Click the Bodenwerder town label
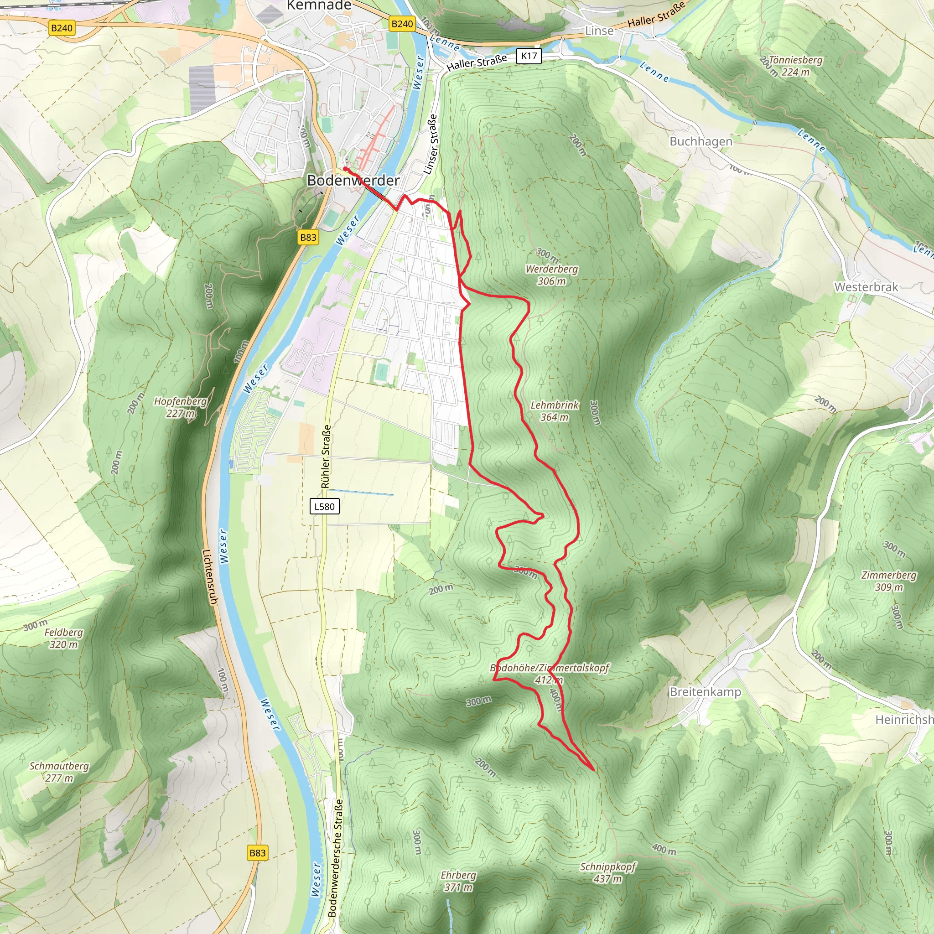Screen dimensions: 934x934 [353, 180]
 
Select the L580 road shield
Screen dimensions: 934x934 [324, 507]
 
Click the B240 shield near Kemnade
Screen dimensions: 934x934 [402, 24]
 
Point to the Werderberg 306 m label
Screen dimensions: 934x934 [552, 275]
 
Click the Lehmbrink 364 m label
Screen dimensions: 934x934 [554, 411]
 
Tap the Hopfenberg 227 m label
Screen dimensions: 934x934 [180, 407]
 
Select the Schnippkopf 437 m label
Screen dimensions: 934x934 [607, 872]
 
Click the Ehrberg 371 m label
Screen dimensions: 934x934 [458, 881]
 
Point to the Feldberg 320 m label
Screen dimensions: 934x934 [63, 638]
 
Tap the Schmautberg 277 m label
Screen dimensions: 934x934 [59, 772]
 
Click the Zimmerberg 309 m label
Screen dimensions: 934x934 [888, 581]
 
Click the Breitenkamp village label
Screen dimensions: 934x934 [705, 692]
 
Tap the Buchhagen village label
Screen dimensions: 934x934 [700, 142]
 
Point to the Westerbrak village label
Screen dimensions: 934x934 [866, 287]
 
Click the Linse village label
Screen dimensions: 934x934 [599, 31]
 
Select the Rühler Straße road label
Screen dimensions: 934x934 [327, 457]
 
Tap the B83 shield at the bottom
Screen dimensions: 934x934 [257, 853]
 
